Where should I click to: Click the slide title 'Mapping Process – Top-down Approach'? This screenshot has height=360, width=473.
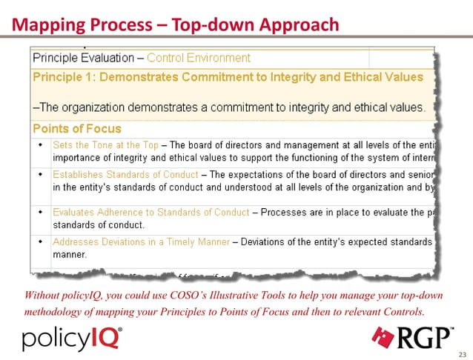tap(176, 25)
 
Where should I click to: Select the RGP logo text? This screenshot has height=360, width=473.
tap(428, 337)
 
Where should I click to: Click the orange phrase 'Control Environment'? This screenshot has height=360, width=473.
tap(199, 58)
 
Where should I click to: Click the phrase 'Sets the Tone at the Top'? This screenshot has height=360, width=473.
tap(105, 145)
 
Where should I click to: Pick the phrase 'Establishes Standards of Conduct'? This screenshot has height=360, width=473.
tap(125, 175)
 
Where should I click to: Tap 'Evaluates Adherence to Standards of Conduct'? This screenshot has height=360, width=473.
tap(150, 212)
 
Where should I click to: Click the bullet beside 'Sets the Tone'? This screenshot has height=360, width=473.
tap(40, 145)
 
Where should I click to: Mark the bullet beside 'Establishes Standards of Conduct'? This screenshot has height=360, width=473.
tap(40, 175)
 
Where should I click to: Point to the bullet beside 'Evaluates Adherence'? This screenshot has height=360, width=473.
tap(40, 212)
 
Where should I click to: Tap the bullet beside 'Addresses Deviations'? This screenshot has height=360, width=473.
tap(40, 241)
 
